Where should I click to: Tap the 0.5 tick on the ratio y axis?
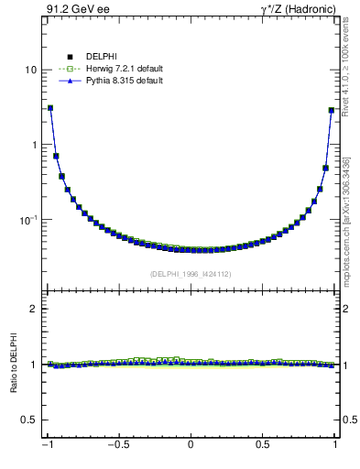tap(28, 420)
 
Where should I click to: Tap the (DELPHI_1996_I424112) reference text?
tap(191, 273)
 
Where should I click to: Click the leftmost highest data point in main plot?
tap(50, 108)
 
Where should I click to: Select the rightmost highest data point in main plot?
tap(332, 111)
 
